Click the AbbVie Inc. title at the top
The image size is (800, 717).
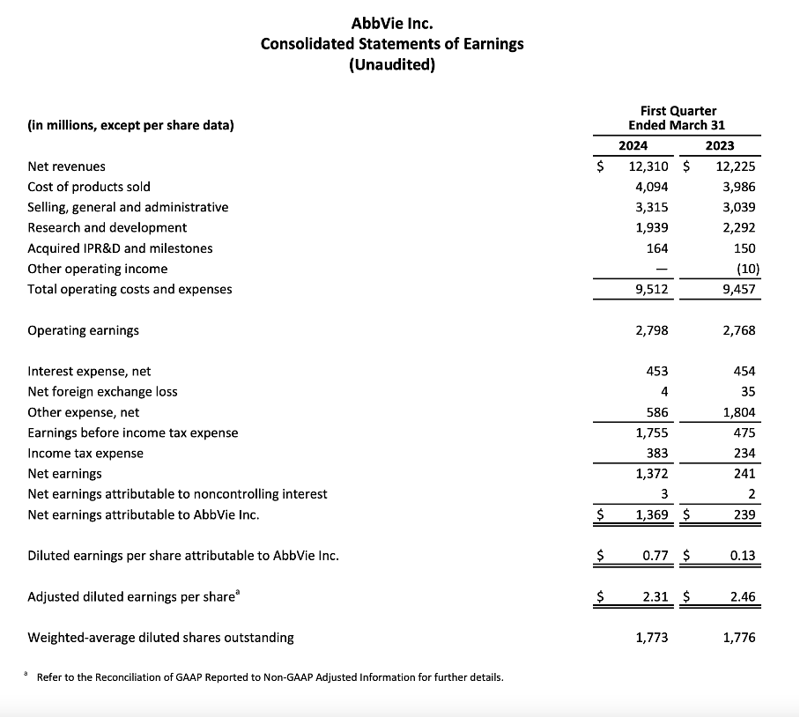[x=391, y=22]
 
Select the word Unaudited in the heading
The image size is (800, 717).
[x=392, y=65]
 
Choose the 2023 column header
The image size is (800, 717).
[x=720, y=145]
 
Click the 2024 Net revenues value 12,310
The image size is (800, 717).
[x=647, y=166]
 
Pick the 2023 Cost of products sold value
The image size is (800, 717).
[x=737, y=187]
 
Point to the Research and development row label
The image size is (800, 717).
[x=107, y=227]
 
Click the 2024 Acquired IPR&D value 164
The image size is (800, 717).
[x=656, y=248]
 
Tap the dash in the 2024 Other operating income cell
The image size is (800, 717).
[x=662, y=269]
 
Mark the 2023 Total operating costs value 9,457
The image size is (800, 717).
[x=738, y=289]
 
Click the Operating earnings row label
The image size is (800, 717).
[x=84, y=330]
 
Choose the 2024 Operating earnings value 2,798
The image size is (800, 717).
[x=651, y=330]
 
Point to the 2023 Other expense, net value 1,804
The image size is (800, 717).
[x=737, y=412]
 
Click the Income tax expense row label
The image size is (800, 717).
[x=85, y=453]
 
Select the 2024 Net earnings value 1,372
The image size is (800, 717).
[x=651, y=474]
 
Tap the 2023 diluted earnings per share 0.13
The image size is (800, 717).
[x=743, y=556]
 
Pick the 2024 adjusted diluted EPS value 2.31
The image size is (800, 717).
[x=655, y=597]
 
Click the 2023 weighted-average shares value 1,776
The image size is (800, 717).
[x=738, y=637]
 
